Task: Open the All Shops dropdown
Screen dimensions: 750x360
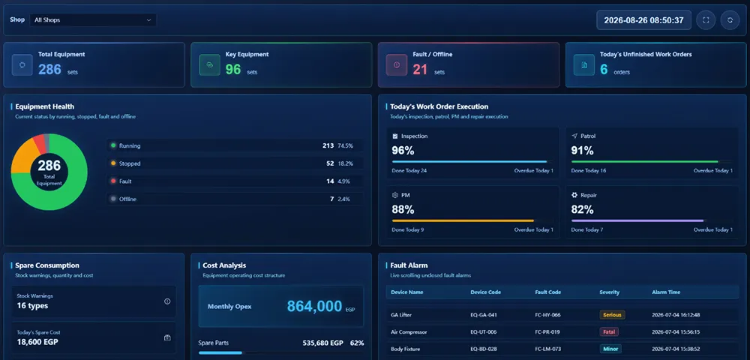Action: pyautogui.click(x=93, y=20)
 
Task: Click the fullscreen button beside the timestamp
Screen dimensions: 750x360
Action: pyautogui.click(x=706, y=20)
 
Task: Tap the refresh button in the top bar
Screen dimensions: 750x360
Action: pyautogui.click(x=730, y=20)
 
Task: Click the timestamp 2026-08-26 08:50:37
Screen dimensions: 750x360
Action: pyautogui.click(x=643, y=20)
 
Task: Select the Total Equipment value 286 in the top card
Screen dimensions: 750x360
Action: pyautogui.click(x=49, y=70)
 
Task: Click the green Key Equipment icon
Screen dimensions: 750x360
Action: pyautogui.click(x=209, y=65)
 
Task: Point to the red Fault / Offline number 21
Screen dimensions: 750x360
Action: pyautogui.click(x=420, y=70)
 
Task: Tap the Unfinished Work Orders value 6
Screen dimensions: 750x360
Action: pyautogui.click(x=604, y=70)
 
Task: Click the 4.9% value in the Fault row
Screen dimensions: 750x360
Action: pyautogui.click(x=344, y=181)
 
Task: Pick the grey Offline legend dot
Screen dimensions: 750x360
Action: pyautogui.click(x=113, y=199)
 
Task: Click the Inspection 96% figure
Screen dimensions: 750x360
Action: pyautogui.click(x=403, y=151)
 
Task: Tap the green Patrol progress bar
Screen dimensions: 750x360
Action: pyautogui.click(x=644, y=161)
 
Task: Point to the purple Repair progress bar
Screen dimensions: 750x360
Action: pyautogui.click(x=637, y=221)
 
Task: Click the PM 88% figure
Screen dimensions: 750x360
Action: pyautogui.click(x=403, y=210)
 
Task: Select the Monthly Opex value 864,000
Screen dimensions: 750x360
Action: pyautogui.click(x=314, y=307)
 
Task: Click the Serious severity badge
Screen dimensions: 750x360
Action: pyautogui.click(x=612, y=315)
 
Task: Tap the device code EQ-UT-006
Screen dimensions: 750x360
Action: pyautogui.click(x=484, y=331)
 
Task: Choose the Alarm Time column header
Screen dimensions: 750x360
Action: pyautogui.click(x=666, y=292)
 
